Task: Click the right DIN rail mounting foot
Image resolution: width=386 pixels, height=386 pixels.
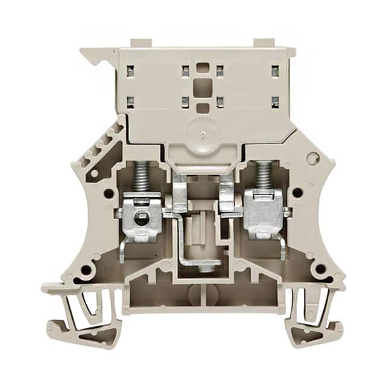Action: click(311, 311)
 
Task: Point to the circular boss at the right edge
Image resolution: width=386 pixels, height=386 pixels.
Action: click(312, 158)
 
